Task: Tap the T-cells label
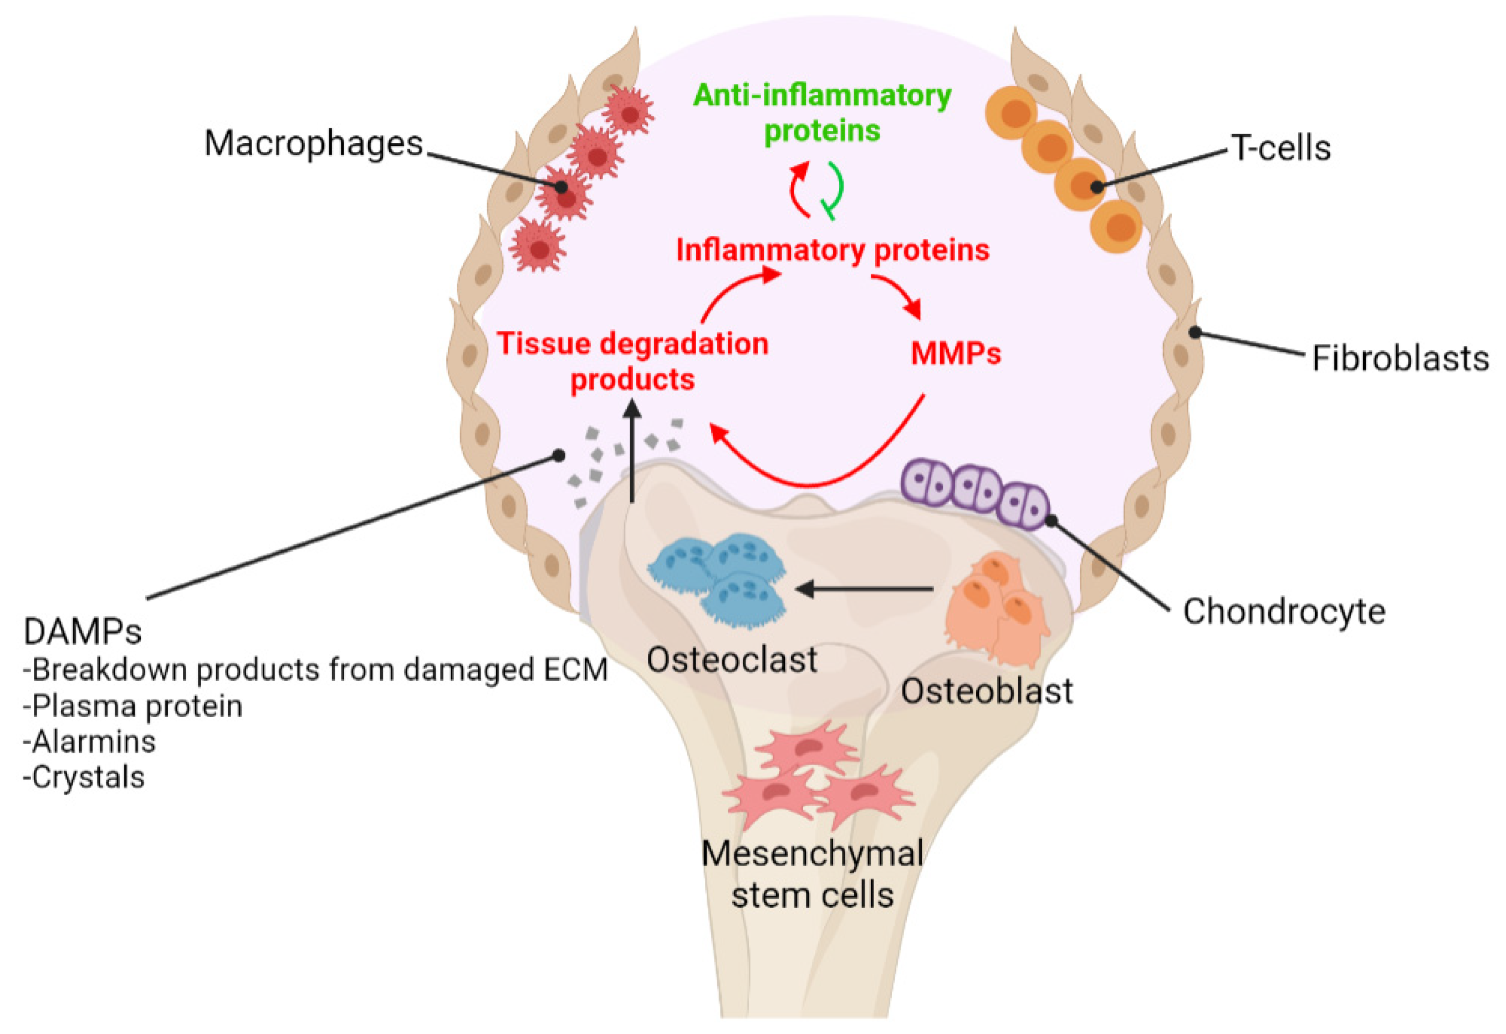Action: tap(1280, 149)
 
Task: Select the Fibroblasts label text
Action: tap(1400, 359)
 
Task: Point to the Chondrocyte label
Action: tap(1284, 612)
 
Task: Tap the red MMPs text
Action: tap(955, 354)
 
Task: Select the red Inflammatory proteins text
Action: tap(832, 250)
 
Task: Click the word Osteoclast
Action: tap(732, 660)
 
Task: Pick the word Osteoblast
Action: tap(986, 692)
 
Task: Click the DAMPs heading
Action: tap(82, 632)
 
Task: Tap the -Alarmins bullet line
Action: tap(89, 741)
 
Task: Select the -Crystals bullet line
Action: tap(84, 777)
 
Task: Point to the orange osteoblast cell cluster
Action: tap(995, 606)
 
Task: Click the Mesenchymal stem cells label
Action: tap(812, 874)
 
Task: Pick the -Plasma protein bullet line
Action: tap(133, 705)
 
